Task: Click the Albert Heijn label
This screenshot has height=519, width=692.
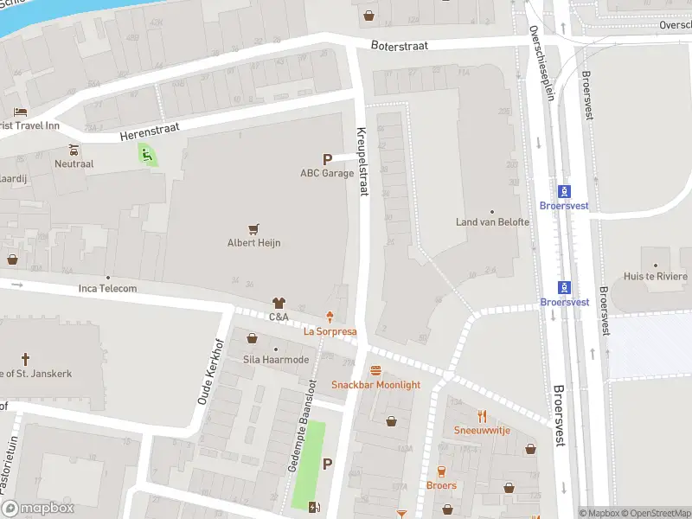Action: tap(254, 243)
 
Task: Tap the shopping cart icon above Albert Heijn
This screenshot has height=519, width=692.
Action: tap(254, 229)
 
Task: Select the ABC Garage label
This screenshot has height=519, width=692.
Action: tap(327, 173)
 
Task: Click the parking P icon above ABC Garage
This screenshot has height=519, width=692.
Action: tap(327, 159)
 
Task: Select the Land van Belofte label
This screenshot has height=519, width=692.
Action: tap(492, 222)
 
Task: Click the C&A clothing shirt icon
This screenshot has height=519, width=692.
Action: tap(278, 303)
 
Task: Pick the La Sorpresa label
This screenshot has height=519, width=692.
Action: tap(330, 331)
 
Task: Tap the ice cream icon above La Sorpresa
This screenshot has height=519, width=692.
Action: tap(329, 317)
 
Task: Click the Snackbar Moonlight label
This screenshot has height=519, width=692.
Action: tap(375, 384)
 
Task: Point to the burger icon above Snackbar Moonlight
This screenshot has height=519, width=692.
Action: tap(375, 370)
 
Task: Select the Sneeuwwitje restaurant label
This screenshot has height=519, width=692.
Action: tap(482, 430)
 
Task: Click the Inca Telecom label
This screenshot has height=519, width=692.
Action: tap(108, 288)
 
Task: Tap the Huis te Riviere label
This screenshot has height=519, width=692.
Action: tap(655, 278)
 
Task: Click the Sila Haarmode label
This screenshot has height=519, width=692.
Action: tap(276, 359)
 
